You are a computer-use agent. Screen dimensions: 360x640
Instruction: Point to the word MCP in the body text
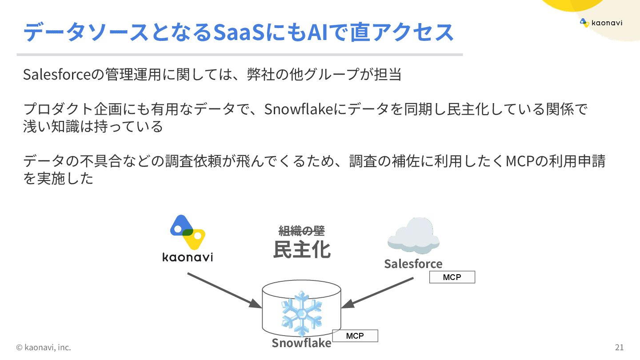(519, 160)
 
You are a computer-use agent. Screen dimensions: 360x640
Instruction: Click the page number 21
(619, 347)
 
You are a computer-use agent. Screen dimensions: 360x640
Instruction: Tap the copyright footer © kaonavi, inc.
(44, 347)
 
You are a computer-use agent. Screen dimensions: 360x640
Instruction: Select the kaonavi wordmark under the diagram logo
(188, 257)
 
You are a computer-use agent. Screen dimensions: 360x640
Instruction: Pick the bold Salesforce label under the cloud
(413, 264)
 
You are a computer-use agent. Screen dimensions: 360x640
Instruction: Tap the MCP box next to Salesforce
(452, 277)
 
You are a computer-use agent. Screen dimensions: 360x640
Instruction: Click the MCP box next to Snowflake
(355, 336)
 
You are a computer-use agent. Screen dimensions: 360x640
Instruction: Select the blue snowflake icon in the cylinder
(302, 313)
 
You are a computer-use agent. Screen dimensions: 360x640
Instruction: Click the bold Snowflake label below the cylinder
(301, 343)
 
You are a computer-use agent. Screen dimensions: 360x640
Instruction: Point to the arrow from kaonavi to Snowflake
(224, 290)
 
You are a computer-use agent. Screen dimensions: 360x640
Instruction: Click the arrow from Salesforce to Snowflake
(378, 293)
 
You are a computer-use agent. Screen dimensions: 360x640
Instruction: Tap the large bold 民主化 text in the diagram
(302, 250)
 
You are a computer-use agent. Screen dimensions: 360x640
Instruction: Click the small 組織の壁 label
(302, 231)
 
